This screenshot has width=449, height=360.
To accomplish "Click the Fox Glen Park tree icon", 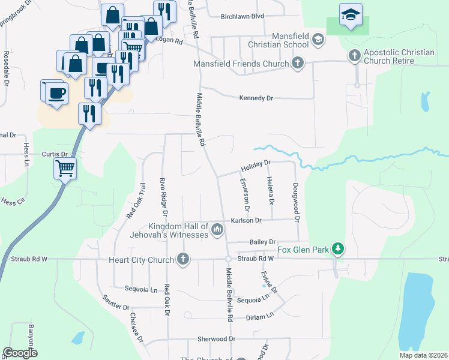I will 338,248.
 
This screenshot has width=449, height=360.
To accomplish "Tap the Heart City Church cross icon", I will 183,259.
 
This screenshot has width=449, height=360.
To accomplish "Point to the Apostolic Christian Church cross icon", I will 354,56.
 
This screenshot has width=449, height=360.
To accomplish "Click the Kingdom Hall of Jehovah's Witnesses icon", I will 217,229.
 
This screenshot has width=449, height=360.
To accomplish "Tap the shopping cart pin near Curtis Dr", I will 65,168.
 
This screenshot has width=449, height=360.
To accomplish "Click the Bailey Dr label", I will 263,242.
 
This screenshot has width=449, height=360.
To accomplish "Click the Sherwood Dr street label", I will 216,339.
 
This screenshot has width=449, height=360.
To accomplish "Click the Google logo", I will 20,353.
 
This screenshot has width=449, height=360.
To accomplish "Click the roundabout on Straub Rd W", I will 228,259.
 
